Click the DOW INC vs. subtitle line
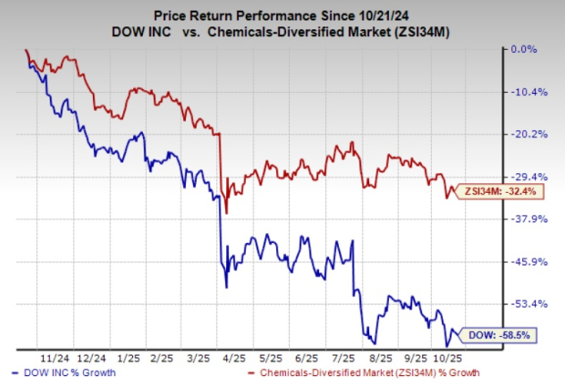point(282,32)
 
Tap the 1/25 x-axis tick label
point(129,359)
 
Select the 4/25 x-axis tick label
point(223,359)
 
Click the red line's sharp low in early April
point(226,211)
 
